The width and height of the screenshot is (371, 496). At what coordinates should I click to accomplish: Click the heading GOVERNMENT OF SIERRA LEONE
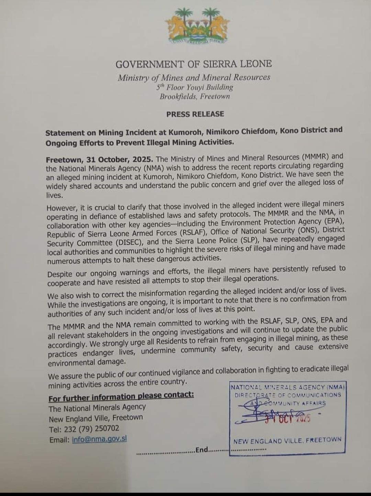tap(194, 64)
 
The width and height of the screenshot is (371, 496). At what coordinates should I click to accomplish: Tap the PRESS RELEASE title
tap(195, 114)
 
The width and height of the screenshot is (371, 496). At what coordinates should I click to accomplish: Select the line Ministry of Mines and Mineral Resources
tap(194, 78)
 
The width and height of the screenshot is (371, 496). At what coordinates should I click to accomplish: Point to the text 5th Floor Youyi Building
tap(195, 87)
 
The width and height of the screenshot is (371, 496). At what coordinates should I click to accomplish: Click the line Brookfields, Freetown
tap(195, 97)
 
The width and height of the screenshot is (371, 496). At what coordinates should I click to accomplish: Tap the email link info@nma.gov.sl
tap(99, 439)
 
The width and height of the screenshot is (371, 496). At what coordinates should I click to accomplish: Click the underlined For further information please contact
tap(121, 396)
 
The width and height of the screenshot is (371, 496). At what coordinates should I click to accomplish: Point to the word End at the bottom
tap(202, 450)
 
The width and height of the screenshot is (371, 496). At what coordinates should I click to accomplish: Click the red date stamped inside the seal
tap(288, 419)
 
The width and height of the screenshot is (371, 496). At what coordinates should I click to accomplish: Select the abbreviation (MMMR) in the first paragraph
tap(315, 157)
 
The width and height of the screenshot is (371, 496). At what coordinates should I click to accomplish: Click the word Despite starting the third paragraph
tap(60, 274)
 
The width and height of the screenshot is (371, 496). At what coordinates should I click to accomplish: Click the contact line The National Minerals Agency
tap(97, 408)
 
